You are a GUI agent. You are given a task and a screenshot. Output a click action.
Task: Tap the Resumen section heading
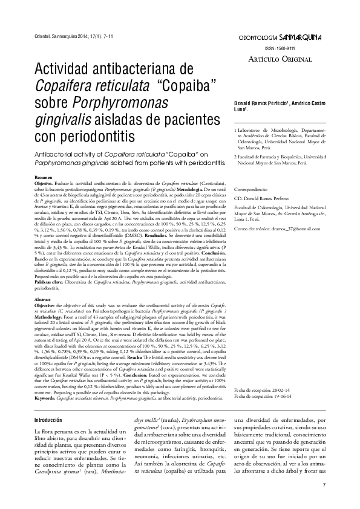pos(43,177)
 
